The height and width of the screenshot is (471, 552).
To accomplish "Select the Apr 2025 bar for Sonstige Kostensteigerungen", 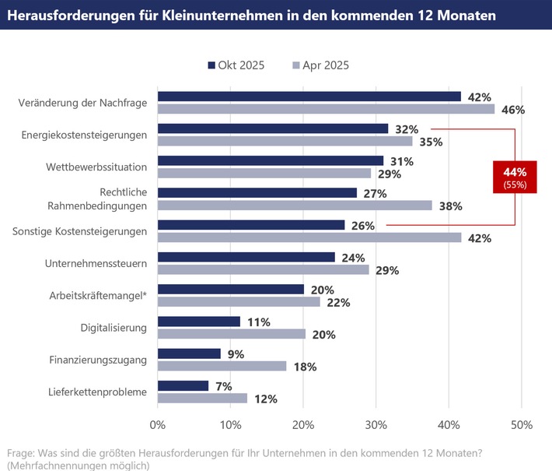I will (309, 237).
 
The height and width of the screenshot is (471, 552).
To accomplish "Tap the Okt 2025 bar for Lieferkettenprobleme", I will (183, 385).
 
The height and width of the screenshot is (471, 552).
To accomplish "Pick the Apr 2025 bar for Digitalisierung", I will (231, 334).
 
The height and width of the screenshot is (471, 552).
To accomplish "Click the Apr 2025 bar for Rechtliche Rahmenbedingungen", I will (295, 206).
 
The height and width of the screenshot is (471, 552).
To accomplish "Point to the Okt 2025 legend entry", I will (236, 65).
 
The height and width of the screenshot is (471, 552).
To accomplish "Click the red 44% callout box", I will (515, 176).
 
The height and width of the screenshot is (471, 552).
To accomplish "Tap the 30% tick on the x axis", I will (376, 425).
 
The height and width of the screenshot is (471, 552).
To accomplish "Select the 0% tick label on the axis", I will (158, 425).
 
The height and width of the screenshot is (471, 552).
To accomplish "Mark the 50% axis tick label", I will (521, 425).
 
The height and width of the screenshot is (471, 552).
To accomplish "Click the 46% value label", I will (512, 110).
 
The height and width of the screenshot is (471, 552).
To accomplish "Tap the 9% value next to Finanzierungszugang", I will (235, 353).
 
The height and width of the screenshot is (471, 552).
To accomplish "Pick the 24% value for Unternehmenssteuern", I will (352, 257).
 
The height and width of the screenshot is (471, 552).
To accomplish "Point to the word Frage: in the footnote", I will (21, 452).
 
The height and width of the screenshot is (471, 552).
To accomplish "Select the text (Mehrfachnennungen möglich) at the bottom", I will (79, 465).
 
